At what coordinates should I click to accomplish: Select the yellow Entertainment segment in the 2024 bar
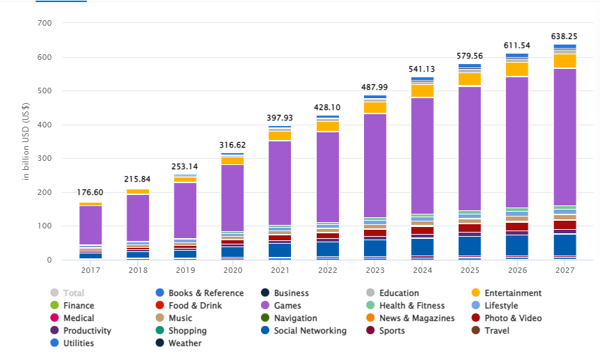point(422,91)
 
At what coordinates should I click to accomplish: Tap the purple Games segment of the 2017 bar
point(90,225)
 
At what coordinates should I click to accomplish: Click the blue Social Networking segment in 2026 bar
point(516,245)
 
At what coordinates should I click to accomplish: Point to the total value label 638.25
point(565,36)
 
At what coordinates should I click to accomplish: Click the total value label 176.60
point(90,192)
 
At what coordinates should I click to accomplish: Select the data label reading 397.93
point(280,118)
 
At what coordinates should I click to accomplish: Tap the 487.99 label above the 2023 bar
point(374,87)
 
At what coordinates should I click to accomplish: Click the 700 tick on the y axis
point(45,24)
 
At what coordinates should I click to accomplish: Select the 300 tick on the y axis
point(45,159)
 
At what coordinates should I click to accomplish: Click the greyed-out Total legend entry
point(73,293)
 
